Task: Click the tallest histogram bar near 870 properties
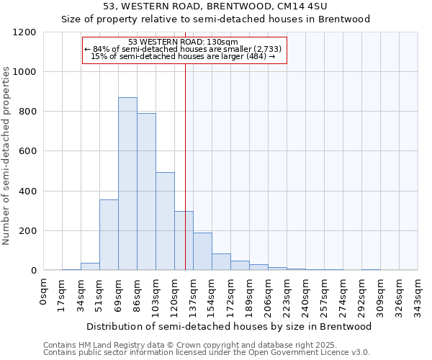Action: (x=127, y=184)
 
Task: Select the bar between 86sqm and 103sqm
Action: (x=146, y=192)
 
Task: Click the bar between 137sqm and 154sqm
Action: (x=202, y=251)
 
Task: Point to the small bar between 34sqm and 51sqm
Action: (x=90, y=266)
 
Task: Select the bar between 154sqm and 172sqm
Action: (x=221, y=262)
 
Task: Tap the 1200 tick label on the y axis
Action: (x=24, y=32)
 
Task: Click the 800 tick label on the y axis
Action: (x=27, y=112)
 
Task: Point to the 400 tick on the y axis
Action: (x=27, y=192)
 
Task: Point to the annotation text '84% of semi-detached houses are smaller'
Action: (x=185, y=49)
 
